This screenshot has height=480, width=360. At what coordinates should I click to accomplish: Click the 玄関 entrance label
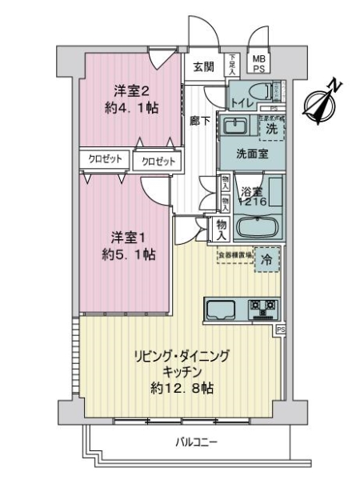[x=202, y=66]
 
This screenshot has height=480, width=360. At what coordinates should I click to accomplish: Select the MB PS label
[x=259, y=63]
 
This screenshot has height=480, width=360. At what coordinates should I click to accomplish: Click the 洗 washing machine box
[x=271, y=127]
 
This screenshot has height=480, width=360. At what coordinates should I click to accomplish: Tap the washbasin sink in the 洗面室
[x=234, y=126]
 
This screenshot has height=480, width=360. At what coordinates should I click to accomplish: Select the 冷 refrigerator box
[x=268, y=260]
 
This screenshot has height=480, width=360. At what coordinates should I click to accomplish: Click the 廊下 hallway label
[x=200, y=120]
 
